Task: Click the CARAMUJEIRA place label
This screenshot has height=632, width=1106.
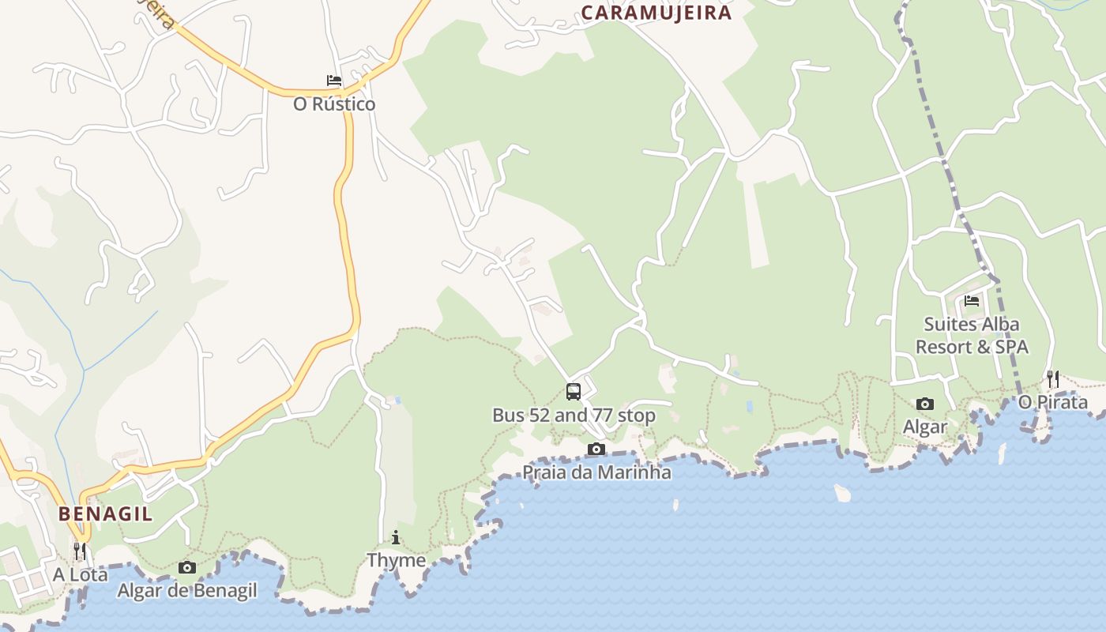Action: coord(656,13)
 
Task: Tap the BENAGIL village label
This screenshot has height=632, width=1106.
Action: coord(105,513)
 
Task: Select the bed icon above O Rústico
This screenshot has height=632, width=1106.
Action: coord(334,81)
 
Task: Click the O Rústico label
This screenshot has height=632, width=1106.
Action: coord(334,104)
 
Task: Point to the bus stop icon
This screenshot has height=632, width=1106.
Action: coord(574,391)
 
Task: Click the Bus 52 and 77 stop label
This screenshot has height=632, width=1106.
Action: coord(574,415)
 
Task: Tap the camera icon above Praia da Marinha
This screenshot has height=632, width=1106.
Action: coord(596,450)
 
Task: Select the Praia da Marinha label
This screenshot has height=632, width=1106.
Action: coord(596,472)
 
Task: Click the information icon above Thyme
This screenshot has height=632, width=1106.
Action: coord(396,538)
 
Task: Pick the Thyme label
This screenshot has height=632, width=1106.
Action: coord(396,560)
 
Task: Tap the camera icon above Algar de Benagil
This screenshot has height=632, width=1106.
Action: coord(187,567)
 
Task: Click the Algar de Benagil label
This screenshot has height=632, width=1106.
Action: coord(187,590)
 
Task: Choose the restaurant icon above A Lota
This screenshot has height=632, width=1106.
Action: coord(80,551)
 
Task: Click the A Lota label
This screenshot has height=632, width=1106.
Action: coord(80,574)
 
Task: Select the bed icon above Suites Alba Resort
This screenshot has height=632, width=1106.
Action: coord(972,301)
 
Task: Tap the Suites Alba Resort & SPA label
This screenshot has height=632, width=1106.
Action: coord(972,335)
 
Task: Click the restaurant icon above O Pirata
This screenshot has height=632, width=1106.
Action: coord(1053,378)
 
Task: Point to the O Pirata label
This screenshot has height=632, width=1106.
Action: coord(1053,402)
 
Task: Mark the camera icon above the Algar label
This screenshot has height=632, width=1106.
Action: coord(925,404)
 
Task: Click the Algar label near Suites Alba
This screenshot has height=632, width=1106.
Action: coord(925,427)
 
